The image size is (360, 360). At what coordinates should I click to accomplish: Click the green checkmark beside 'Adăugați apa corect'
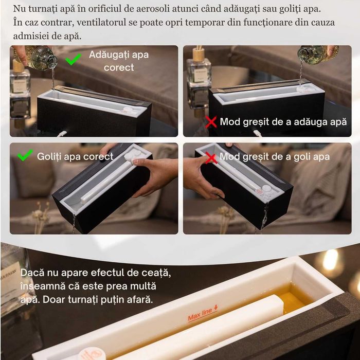coord(74,60)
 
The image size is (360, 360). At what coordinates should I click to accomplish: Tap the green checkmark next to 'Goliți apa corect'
coord(25,155)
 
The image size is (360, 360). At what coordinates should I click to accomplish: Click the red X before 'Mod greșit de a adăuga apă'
coord(211,122)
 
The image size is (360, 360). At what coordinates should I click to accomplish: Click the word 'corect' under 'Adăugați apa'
coord(119,67)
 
